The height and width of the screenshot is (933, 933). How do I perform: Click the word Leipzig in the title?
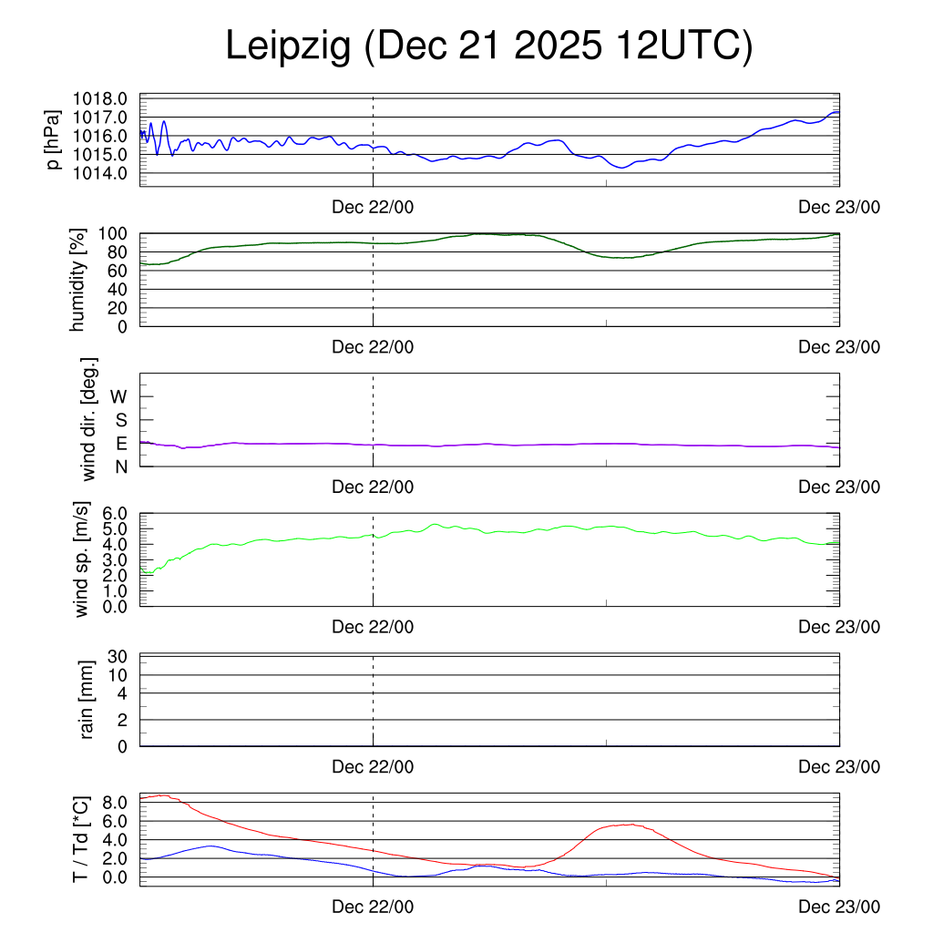[x=288, y=47]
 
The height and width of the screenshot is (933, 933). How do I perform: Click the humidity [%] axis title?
[x=78, y=280]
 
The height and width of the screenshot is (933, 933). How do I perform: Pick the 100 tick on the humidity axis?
[x=116, y=233]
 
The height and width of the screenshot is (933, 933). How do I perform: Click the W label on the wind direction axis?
[x=118, y=396]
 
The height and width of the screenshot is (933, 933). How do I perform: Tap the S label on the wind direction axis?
[x=121, y=420]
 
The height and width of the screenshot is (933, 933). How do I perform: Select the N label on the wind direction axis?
[x=121, y=466]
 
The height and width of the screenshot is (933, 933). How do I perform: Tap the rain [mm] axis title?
[x=87, y=701]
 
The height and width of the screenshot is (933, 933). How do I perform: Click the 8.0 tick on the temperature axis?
[x=118, y=803]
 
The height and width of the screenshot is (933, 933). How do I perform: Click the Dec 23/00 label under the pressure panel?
[x=839, y=208]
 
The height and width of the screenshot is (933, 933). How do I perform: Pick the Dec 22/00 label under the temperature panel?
[x=373, y=907]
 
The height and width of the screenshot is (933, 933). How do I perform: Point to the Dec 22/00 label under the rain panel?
[x=373, y=767]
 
